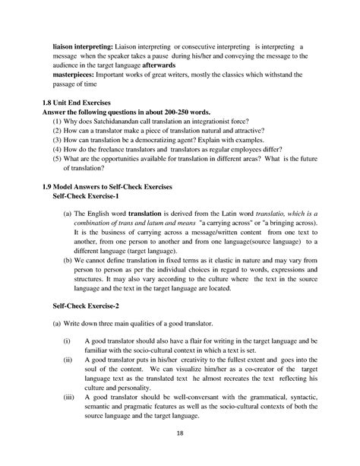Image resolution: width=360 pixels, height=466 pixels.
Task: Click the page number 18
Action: (181, 434)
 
